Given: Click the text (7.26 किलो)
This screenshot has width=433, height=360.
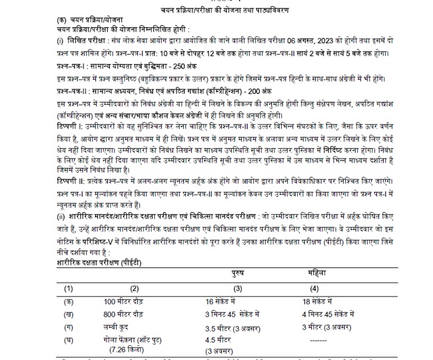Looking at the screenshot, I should (128, 348).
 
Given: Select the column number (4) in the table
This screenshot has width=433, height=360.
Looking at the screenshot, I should (314, 288).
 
